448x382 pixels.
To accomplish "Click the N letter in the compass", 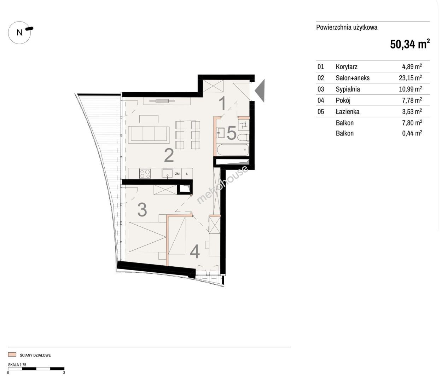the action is pyautogui.click(x=19, y=33).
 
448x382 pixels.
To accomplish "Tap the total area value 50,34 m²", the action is pyautogui.click(x=410, y=44).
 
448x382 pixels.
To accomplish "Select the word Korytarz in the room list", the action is pyautogui.click(x=347, y=67).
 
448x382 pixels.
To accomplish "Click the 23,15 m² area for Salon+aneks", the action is pyautogui.click(x=410, y=78).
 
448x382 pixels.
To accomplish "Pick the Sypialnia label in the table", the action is pyautogui.click(x=348, y=89).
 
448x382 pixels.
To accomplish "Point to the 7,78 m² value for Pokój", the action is pyautogui.click(x=412, y=100).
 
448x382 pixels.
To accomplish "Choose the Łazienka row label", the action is pyautogui.click(x=348, y=112).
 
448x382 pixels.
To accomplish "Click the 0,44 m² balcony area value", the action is pyautogui.click(x=412, y=133).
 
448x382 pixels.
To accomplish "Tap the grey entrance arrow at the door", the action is pyautogui.click(x=260, y=91).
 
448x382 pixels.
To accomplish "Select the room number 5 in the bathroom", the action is pyautogui.click(x=232, y=133).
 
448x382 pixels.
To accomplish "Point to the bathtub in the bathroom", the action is pyautogui.click(x=233, y=150).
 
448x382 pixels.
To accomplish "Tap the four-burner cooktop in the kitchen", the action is pyautogui.click(x=145, y=174).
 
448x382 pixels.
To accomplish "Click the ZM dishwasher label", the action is pyautogui.click(x=177, y=174).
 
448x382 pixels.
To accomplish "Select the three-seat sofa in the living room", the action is pyautogui.click(x=149, y=135).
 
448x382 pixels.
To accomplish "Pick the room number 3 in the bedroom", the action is pyautogui.click(x=142, y=210).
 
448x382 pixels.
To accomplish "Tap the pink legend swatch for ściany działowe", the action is pyautogui.click(x=12, y=355).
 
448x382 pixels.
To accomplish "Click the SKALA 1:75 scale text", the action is pyautogui.click(x=17, y=365).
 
